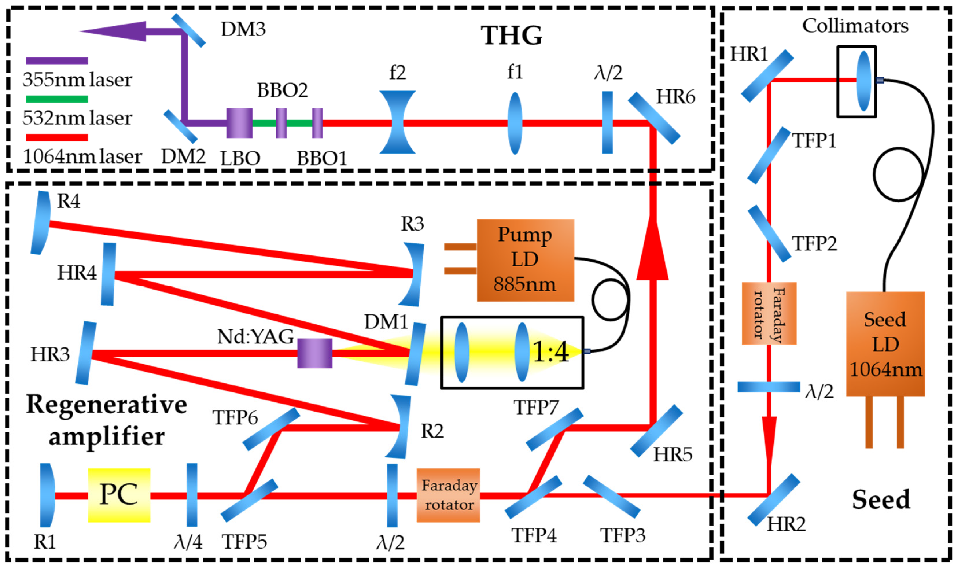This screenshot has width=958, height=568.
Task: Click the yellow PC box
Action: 119,495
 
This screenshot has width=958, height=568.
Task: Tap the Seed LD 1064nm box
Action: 885,344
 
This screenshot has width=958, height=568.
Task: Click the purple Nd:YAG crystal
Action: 315,353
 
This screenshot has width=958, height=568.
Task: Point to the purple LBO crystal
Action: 239,123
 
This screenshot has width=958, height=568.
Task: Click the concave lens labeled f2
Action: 397,122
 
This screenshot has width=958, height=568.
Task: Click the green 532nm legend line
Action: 57,99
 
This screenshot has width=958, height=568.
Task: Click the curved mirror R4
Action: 41,223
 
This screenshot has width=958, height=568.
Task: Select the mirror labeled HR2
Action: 774,499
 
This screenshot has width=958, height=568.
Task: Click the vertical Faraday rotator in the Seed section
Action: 769,314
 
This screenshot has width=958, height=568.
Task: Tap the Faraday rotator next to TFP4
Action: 448,495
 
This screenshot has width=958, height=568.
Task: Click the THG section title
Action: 511,36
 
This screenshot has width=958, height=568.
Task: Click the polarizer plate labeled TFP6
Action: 271,429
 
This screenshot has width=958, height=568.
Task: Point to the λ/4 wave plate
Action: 191,495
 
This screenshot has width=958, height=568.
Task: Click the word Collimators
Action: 855,26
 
